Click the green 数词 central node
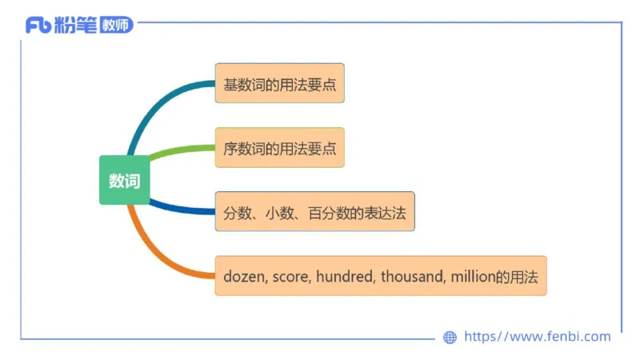pyautogui.click(x=124, y=181)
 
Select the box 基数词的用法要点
pyautogui.click(x=279, y=83)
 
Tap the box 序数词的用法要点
pyautogui.click(x=279, y=148)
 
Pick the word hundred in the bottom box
pyautogui.click(x=345, y=277)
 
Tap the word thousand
pyautogui.click(x=411, y=277)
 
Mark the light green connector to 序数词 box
pyautogui.click(x=180, y=149)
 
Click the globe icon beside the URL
pyautogui.click(x=450, y=337)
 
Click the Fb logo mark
pyautogui.click(x=38, y=25)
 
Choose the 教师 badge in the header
pyautogui.click(x=116, y=25)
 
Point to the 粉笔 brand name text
pyautogui.click(x=76, y=25)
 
